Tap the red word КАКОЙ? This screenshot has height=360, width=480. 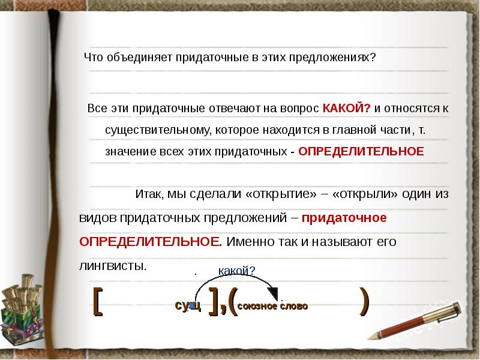click(347, 108)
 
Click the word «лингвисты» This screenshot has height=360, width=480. click(112, 265)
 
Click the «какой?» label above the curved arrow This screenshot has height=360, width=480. click(236, 271)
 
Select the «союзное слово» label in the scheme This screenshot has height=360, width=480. click(272, 306)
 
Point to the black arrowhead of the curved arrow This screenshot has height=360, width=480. click(273, 293)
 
